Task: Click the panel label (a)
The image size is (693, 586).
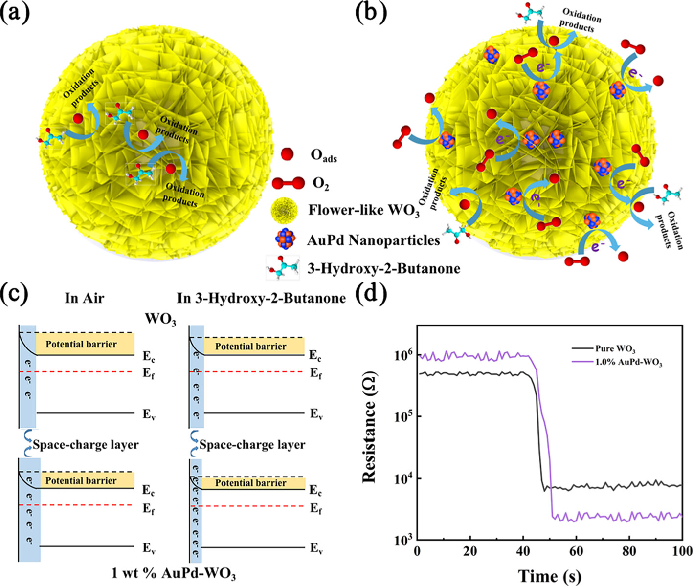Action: coord(15,13)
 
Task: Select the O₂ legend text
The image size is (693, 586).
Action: coord(320,184)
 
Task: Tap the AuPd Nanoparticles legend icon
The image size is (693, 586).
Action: coord(286,239)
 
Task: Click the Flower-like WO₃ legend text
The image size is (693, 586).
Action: coord(363,211)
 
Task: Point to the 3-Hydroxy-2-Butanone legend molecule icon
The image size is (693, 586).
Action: coord(282,267)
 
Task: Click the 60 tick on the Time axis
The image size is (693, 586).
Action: coord(576,551)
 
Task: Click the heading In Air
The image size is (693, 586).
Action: coord(84,298)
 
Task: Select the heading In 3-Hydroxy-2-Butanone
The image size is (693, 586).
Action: coord(261,298)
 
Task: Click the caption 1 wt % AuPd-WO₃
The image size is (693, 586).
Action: coord(173,573)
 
